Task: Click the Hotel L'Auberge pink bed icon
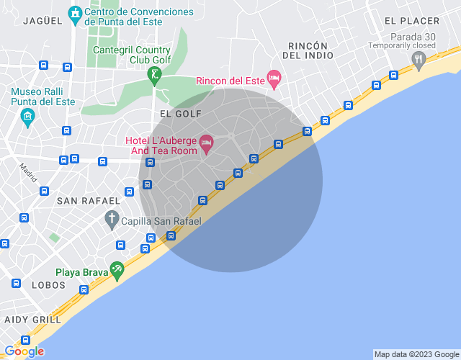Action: click(x=206, y=143)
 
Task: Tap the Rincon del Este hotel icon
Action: click(x=273, y=78)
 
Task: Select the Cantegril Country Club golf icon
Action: click(x=154, y=74)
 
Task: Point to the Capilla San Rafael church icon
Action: click(x=112, y=218)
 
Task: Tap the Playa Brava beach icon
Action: click(x=117, y=270)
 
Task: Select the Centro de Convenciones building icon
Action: click(x=74, y=14)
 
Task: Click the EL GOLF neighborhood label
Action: click(x=180, y=114)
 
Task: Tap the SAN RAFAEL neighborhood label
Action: click(x=88, y=199)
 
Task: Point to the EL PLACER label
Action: click(x=411, y=21)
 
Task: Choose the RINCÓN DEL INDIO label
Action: click(x=305, y=50)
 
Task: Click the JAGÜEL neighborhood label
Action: click(x=42, y=21)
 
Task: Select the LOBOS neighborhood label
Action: click(x=48, y=285)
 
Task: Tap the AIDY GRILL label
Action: click(x=32, y=319)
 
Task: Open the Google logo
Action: click(x=24, y=351)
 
